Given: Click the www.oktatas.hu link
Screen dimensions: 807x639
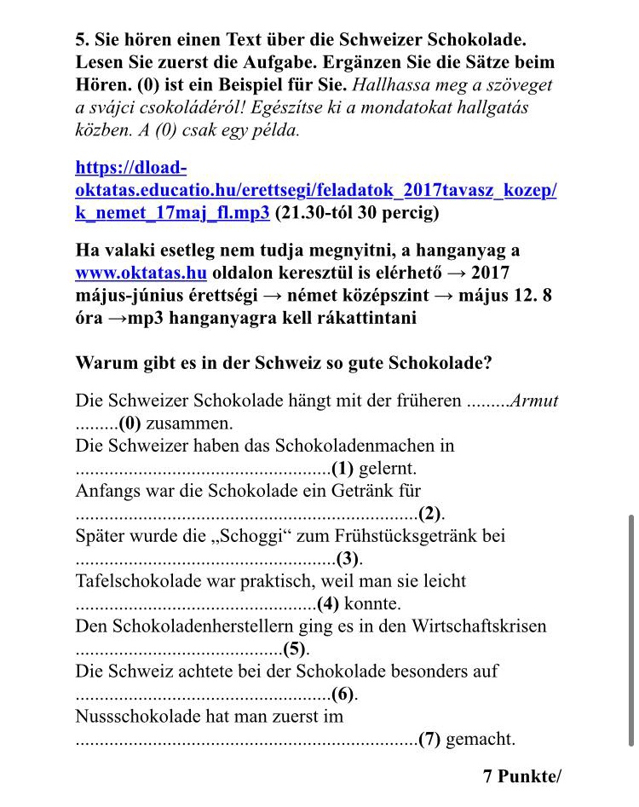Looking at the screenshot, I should (x=141, y=273).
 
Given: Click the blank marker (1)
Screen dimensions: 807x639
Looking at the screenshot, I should (x=343, y=468).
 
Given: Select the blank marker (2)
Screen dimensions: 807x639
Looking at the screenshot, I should (x=430, y=513).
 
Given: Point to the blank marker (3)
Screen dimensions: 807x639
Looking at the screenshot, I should (x=348, y=559).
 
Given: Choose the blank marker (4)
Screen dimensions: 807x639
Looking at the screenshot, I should (x=328, y=604).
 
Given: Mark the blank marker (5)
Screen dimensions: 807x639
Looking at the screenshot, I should (x=294, y=649).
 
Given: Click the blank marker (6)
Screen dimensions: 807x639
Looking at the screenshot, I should (x=343, y=694).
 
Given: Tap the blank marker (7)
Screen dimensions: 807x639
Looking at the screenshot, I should (x=429, y=739).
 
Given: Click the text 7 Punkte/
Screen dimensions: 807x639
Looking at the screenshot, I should (x=522, y=776).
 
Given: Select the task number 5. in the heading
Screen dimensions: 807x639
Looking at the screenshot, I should (x=83, y=40).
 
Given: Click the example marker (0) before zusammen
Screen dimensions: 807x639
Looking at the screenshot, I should (x=130, y=423).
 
